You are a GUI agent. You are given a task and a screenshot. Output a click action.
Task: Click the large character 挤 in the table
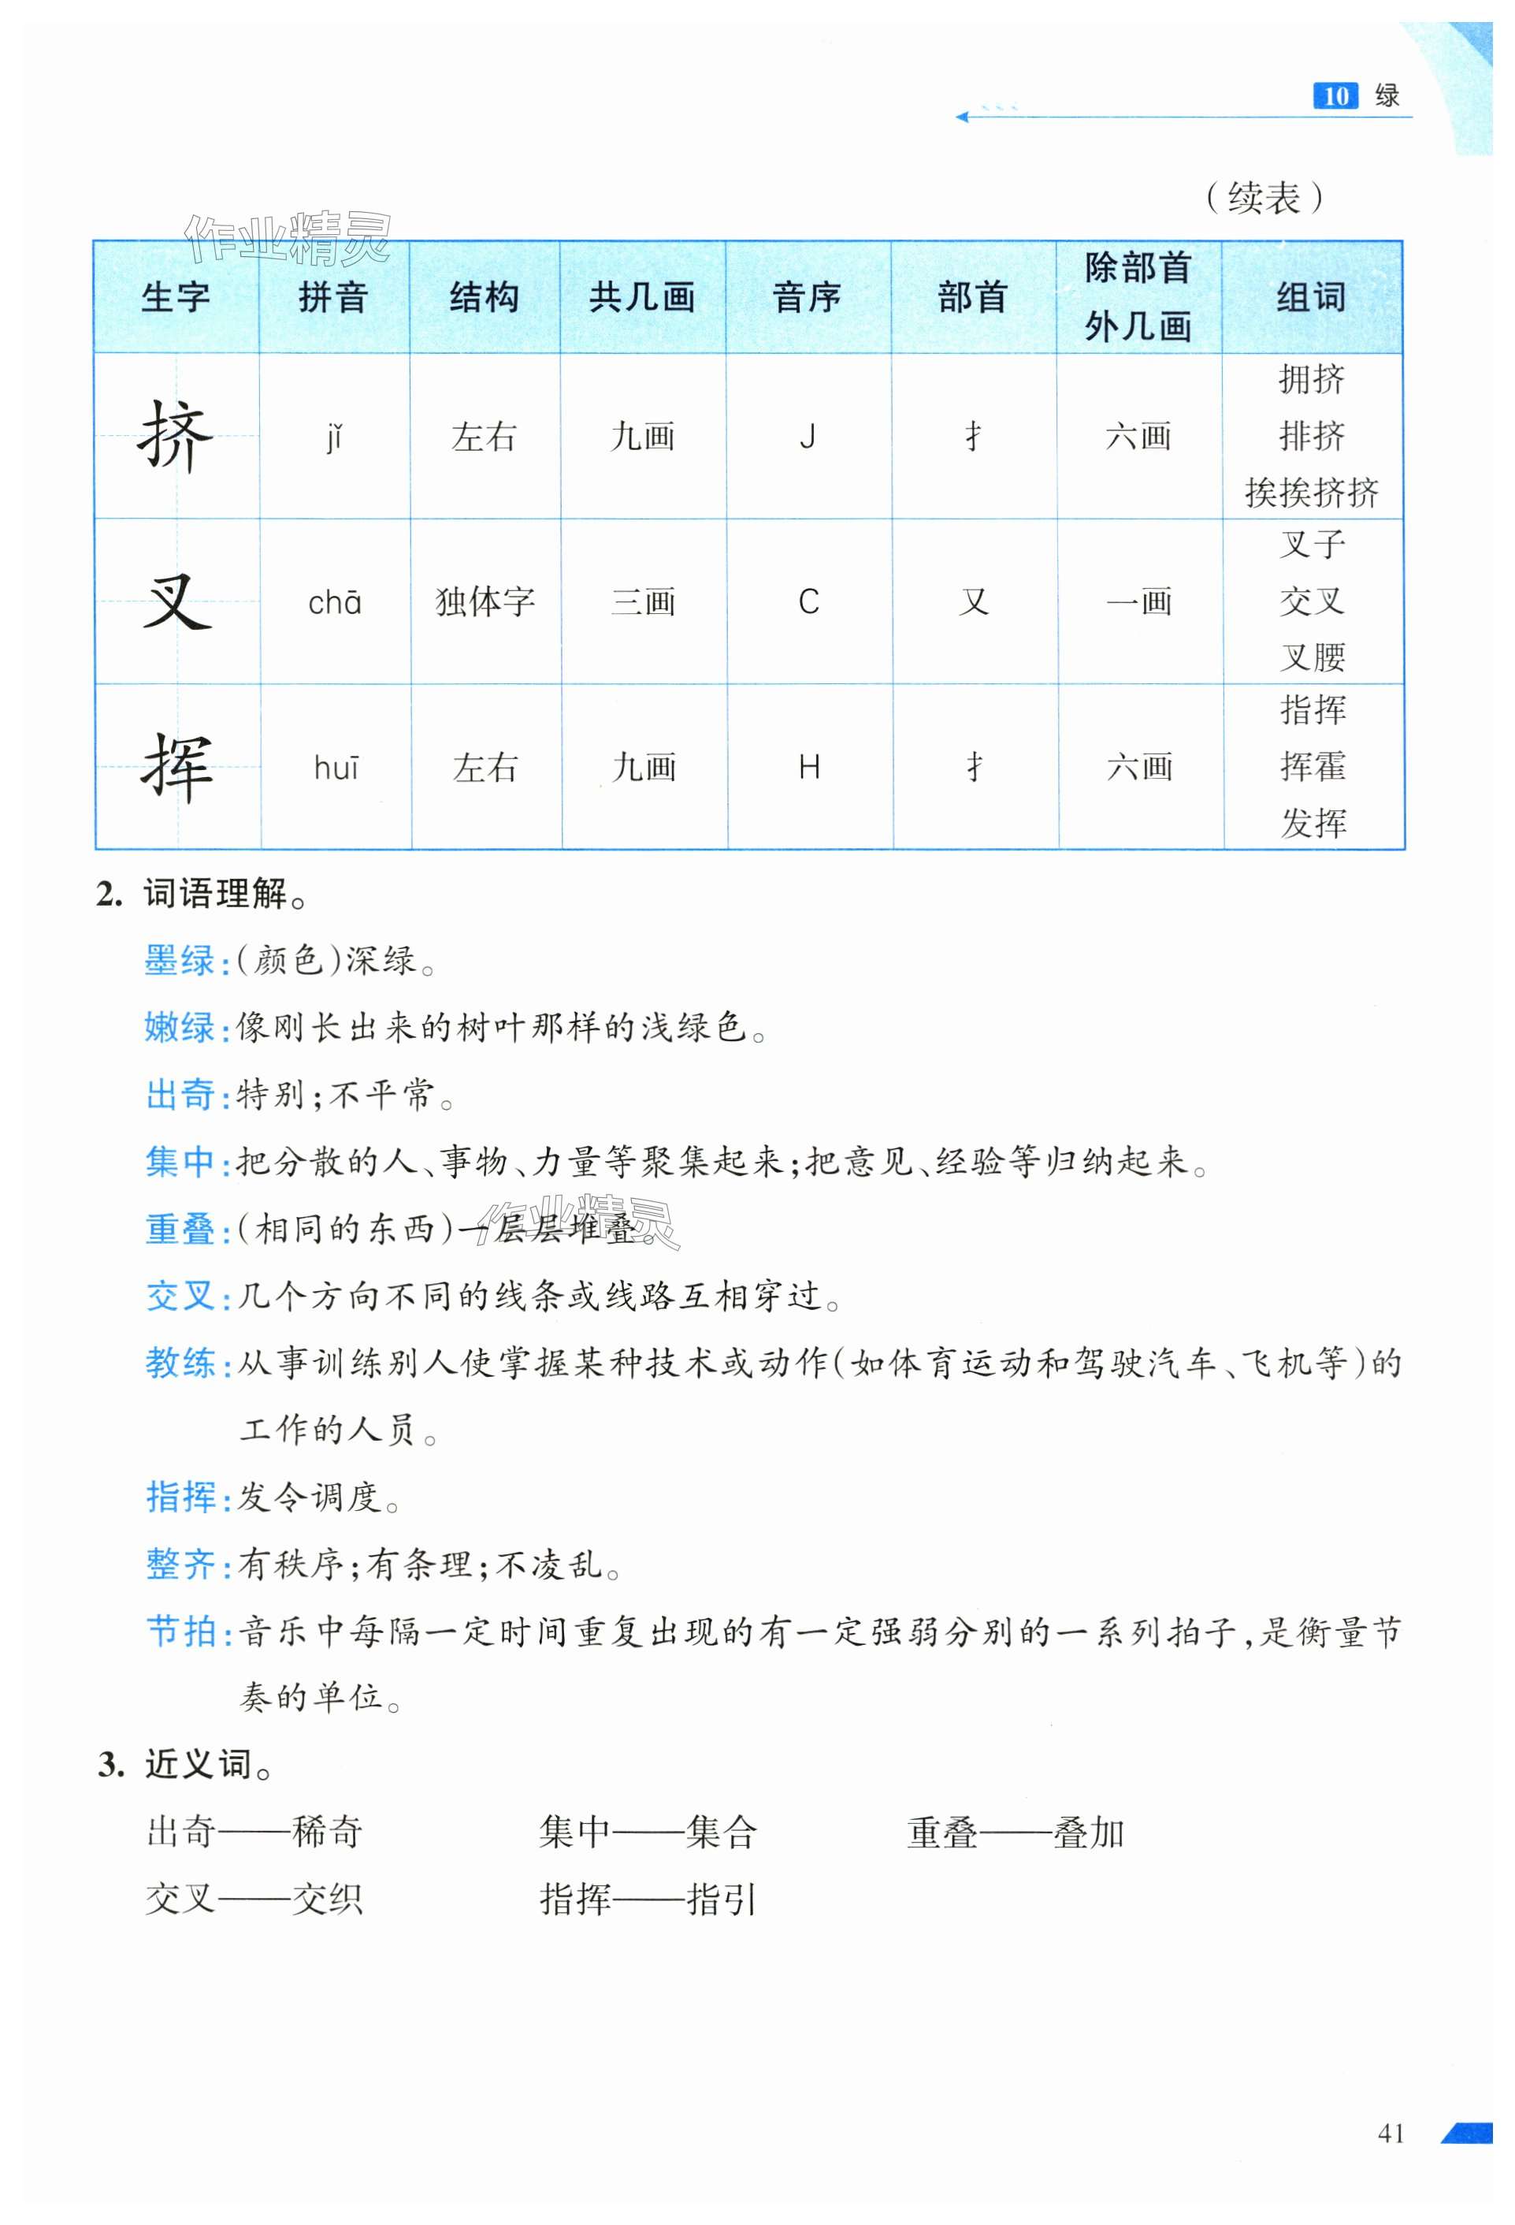click(x=175, y=437)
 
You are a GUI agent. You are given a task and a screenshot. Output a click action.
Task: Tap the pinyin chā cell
click(x=334, y=602)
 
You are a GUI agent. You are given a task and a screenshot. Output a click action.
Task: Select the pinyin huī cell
click(x=336, y=767)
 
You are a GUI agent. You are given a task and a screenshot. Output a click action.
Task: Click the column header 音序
click(x=807, y=298)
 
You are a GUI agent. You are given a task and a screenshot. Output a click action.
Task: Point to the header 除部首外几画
click(x=1138, y=298)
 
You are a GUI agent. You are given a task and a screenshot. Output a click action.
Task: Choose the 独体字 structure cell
click(x=485, y=602)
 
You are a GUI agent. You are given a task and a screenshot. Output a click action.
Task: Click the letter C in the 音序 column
click(x=808, y=602)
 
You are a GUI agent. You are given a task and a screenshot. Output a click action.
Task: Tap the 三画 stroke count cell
click(x=643, y=602)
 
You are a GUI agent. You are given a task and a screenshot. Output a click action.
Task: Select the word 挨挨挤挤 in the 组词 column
click(x=1311, y=492)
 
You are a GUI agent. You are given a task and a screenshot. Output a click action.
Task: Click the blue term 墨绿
click(x=180, y=959)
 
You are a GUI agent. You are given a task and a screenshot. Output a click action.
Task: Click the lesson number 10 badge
click(x=1335, y=95)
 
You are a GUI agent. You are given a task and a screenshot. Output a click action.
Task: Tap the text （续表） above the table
click(x=1264, y=198)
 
